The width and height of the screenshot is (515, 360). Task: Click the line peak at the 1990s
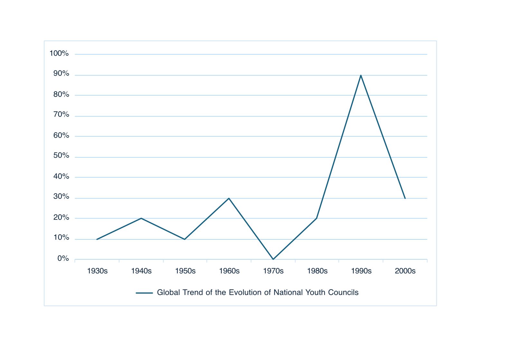pyautogui.click(x=361, y=75)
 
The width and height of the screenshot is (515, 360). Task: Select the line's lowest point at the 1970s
pyautogui.click(x=273, y=259)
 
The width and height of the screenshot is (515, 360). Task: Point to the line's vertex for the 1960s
pyautogui.click(x=229, y=198)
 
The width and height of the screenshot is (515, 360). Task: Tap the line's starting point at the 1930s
pyautogui.click(x=97, y=239)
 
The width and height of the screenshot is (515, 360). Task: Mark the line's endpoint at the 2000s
pyautogui.click(x=405, y=198)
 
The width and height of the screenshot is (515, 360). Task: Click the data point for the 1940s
pyautogui.click(x=141, y=218)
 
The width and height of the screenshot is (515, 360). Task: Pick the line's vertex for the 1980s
pyautogui.click(x=317, y=218)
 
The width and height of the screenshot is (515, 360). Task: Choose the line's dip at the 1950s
pyautogui.click(x=185, y=239)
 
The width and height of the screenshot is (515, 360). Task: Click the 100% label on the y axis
pyautogui.click(x=59, y=53)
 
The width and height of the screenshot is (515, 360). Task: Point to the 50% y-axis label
pyautogui.click(x=61, y=156)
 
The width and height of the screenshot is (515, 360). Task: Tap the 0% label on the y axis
pyautogui.click(x=63, y=259)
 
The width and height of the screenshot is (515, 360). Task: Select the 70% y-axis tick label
pyautogui.click(x=61, y=115)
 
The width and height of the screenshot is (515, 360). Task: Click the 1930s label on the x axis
pyautogui.click(x=97, y=271)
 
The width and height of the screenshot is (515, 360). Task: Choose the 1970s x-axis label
pyautogui.click(x=273, y=271)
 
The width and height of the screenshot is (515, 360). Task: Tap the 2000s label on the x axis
pyautogui.click(x=405, y=271)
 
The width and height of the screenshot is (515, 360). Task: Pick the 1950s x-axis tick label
pyautogui.click(x=185, y=271)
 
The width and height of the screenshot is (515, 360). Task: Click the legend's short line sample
pyautogui.click(x=144, y=293)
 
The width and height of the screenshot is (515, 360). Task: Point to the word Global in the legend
pyautogui.click(x=168, y=292)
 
